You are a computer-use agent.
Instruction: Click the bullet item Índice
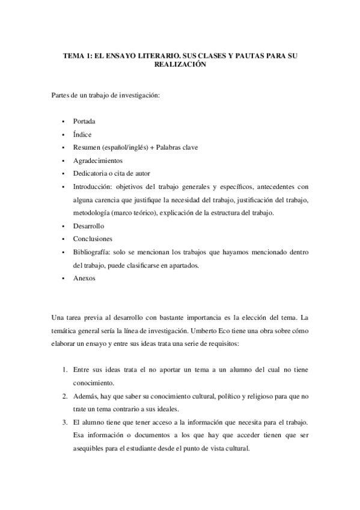tap(82, 134)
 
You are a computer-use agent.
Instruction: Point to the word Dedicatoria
tap(91, 174)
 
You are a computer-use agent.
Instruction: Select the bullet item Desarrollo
tap(88, 226)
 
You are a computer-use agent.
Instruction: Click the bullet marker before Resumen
tap(63, 147)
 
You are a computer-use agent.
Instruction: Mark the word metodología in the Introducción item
tap(92, 213)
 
